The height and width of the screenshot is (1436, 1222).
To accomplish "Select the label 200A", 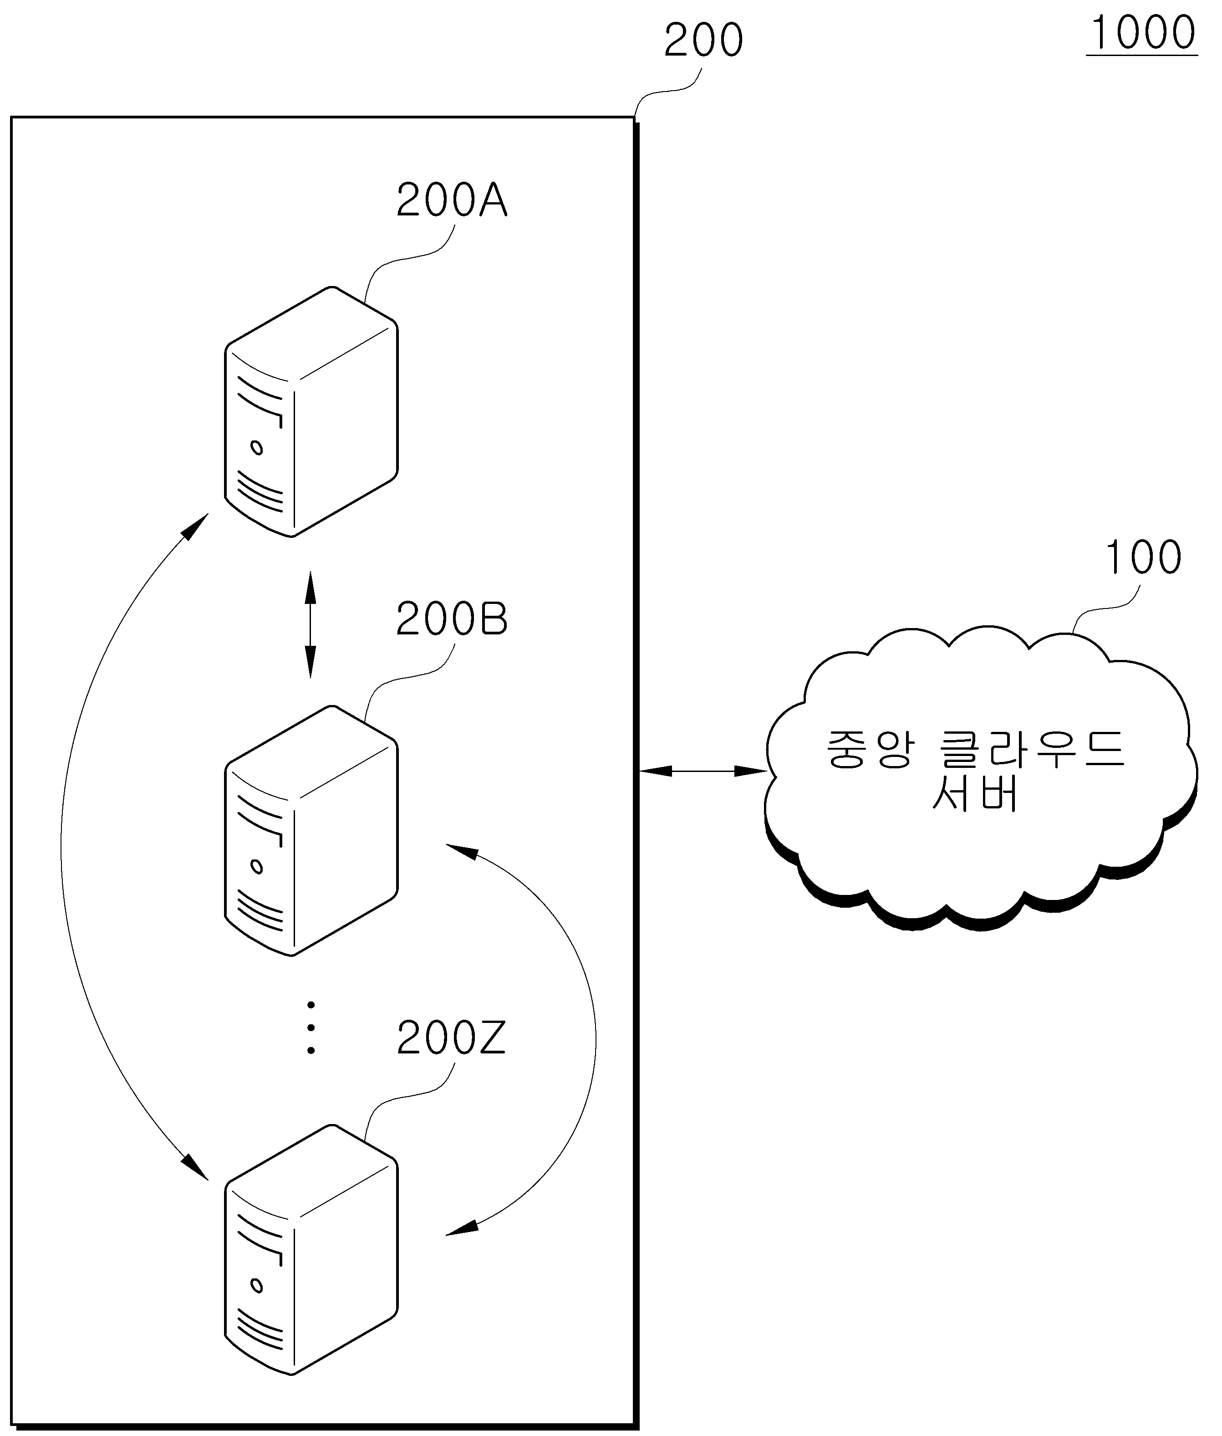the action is point(452,201).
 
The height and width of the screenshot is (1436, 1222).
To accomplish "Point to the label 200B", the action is point(452,619).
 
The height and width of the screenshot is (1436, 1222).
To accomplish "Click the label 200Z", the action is point(452,1039).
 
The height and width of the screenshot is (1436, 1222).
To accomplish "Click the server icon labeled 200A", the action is point(311,412).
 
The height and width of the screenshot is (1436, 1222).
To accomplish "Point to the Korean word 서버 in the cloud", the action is point(975,792).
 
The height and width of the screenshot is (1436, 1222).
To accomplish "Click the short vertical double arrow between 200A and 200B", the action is point(311,624).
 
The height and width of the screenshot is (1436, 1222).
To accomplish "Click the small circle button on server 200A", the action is point(257,448).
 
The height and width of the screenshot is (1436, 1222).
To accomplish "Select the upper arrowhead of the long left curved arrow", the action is point(195,527).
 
